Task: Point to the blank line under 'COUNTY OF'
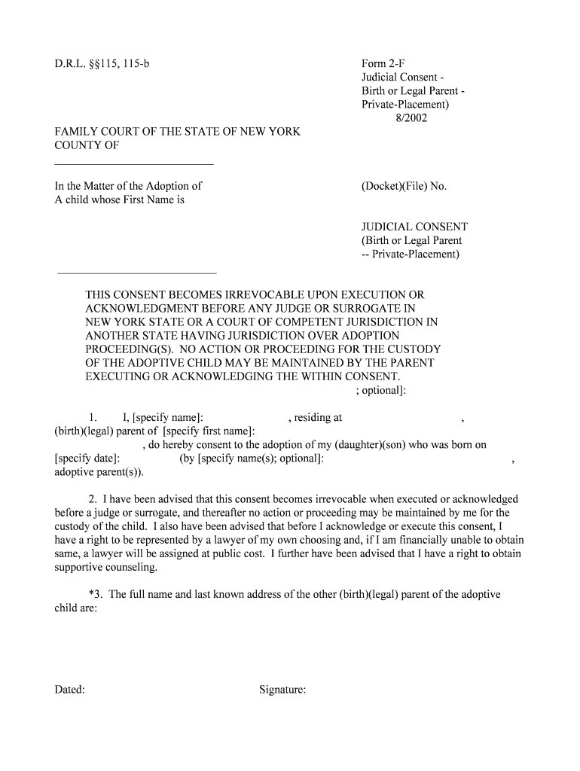(x=134, y=164)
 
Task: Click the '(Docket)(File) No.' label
(x=404, y=186)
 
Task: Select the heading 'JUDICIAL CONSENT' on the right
(x=415, y=227)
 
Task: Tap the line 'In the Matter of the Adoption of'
(x=128, y=186)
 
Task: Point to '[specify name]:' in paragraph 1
(x=168, y=417)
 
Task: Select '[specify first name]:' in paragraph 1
(x=209, y=431)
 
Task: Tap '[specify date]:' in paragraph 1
(x=88, y=459)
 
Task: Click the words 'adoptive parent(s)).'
(x=99, y=472)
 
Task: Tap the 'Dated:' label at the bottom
(x=69, y=689)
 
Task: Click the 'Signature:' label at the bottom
(x=282, y=689)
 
